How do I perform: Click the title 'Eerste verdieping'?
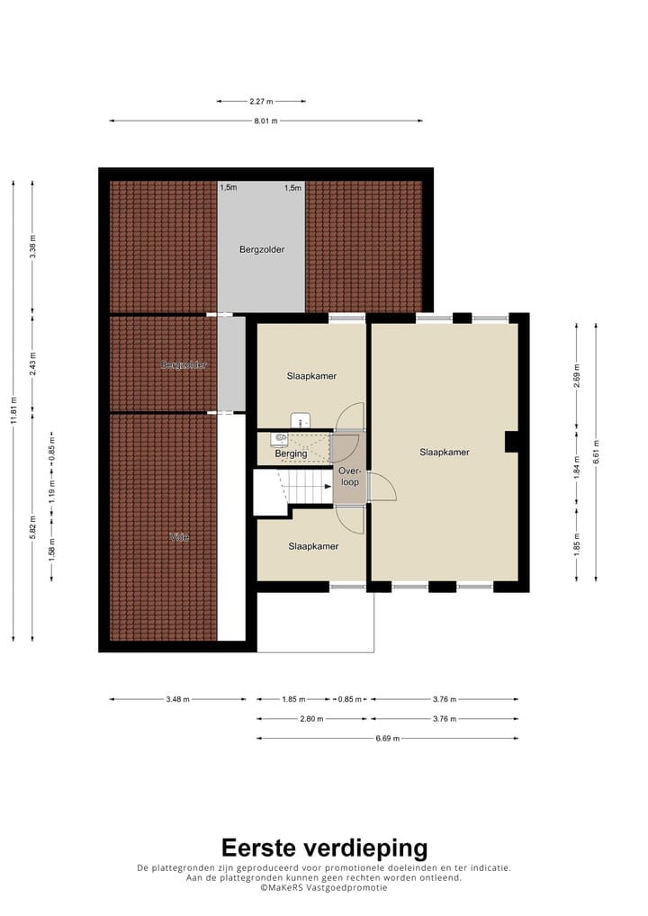pyautogui.click(x=324, y=848)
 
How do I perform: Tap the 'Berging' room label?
pyautogui.click(x=291, y=454)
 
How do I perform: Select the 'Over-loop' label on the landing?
pyautogui.click(x=349, y=476)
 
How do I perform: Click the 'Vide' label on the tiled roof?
pyautogui.click(x=179, y=537)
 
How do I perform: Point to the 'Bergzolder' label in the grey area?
pyautogui.click(x=262, y=249)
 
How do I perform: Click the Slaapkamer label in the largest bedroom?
pyautogui.click(x=445, y=453)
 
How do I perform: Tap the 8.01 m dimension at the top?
pyautogui.click(x=265, y=121)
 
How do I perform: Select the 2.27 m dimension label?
pyautogui.click(x=261, y=101)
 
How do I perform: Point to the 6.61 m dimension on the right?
pyautogui.click(x=597, y=452)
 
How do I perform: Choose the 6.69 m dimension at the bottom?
pyautogui.click(x=387, y=739)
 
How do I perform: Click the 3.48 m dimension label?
pyautogui.click(x=177, y=699)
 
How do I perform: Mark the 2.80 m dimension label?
pyautogui.click(x=311, y=719)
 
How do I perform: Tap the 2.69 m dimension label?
pyautogui.click(x=577, y=373)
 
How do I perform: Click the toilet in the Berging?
pyautogui.click(x=280, y=438)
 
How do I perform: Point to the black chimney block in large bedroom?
pyautogui.click(x=510, y=441)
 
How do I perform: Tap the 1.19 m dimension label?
pyautogui.click(x=52, y=487)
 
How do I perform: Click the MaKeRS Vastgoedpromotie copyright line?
pyautogui.click(x=324, y=887)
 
